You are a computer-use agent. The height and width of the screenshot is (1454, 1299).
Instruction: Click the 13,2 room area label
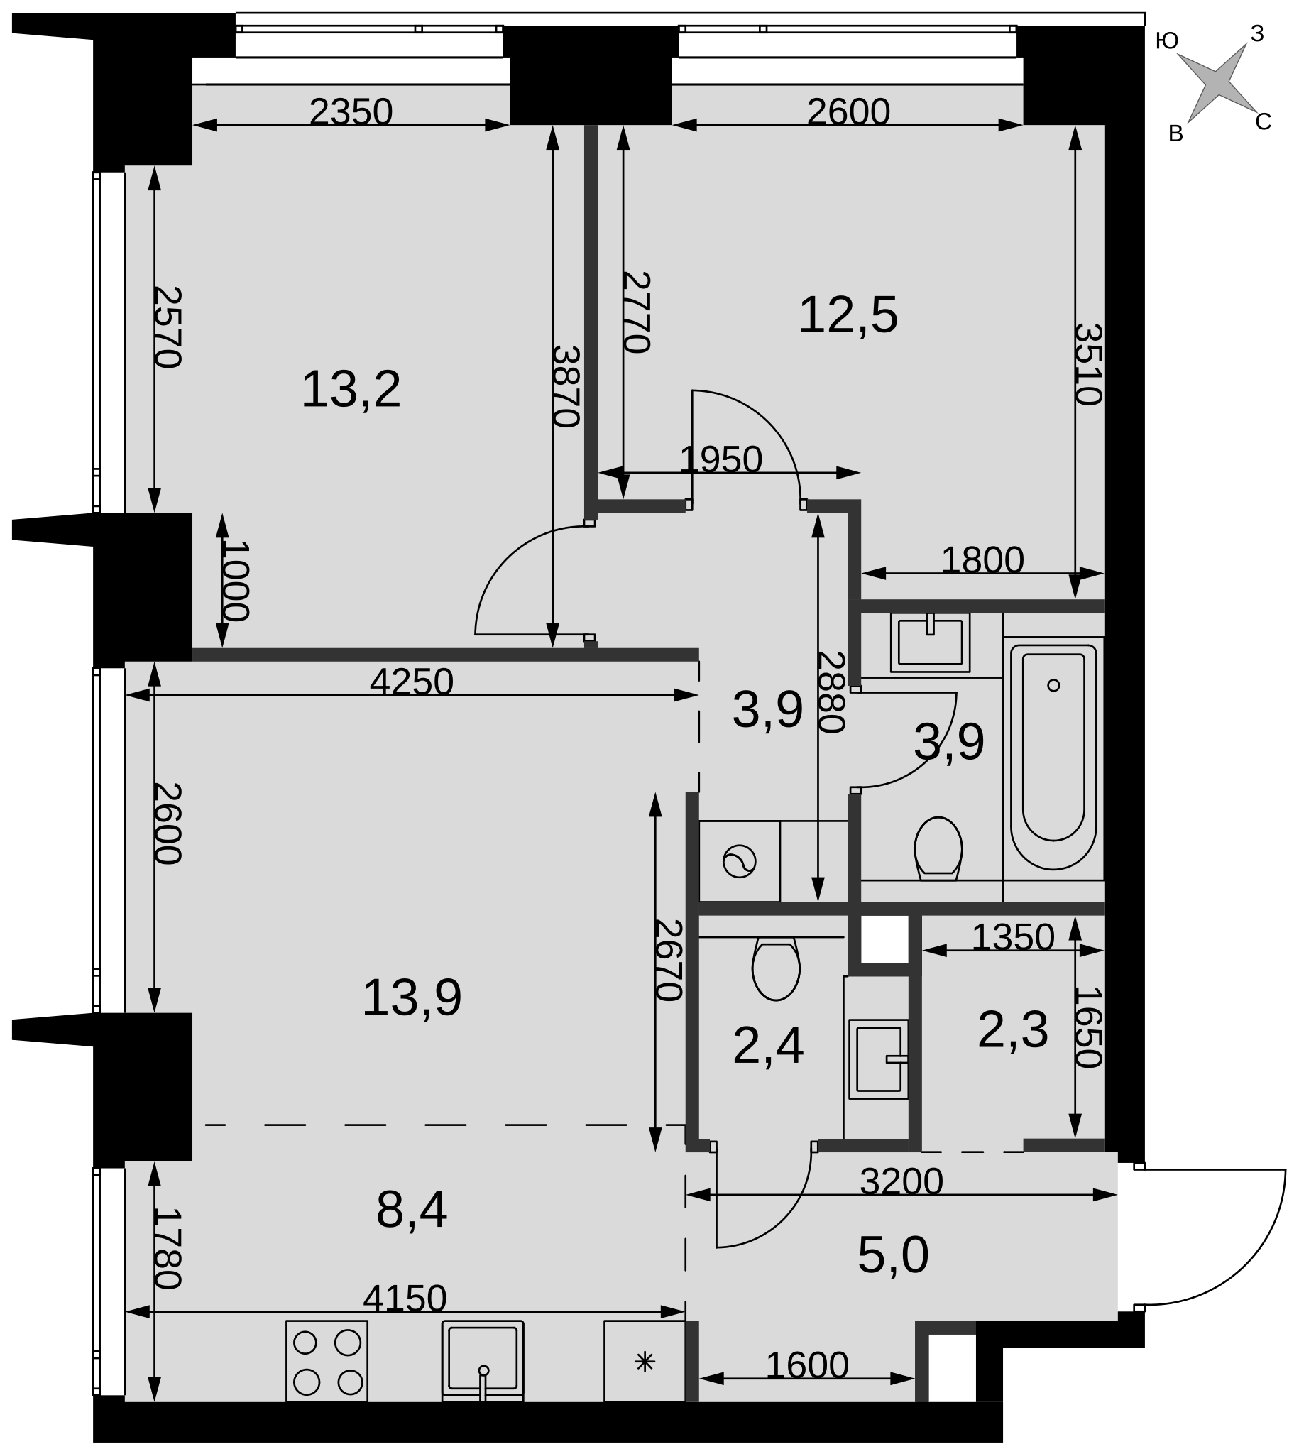coord(351,390)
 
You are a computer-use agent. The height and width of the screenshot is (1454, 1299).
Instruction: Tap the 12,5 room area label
coord(848,315)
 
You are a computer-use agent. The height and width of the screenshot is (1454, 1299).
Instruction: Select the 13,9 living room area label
coord(412,998)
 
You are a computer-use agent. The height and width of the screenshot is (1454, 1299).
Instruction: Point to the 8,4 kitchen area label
coord(412,1210)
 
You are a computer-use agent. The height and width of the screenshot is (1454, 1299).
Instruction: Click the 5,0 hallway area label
coord(893,1255)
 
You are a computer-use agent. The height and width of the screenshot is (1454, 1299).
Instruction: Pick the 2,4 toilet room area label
coord(768,1046)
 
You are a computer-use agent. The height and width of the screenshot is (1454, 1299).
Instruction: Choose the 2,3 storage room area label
coord(1013,1030)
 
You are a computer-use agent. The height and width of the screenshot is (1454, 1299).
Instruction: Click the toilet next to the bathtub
coord(938,848)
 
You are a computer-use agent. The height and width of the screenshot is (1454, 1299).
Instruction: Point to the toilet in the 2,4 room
coord(776,968)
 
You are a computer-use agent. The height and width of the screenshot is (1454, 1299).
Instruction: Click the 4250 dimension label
coord(412,682)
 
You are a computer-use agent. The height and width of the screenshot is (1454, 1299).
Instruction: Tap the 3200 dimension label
coord(901,1181)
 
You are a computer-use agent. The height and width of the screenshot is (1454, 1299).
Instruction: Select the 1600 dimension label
coord(806,1365)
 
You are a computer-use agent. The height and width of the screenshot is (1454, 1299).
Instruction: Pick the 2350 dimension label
coord(351,112)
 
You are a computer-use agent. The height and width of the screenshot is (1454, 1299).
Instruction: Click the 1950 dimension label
coord(721,459)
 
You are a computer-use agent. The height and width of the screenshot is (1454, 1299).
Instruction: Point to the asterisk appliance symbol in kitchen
coord(645,1362)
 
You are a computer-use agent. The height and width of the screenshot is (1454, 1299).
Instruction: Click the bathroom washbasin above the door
coord(930,642)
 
